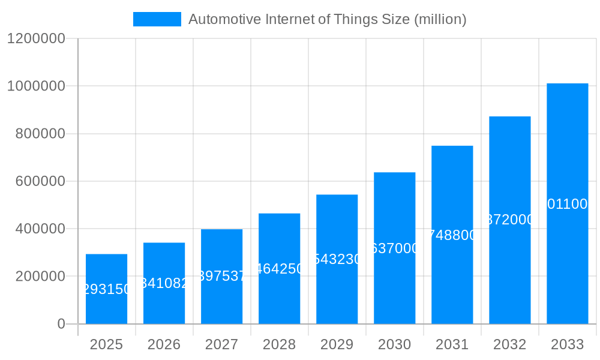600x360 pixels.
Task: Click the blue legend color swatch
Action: (157, 19)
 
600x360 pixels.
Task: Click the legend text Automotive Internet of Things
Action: (327, 19)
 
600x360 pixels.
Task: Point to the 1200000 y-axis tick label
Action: (36, 38)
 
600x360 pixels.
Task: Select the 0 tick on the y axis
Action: (61, 324)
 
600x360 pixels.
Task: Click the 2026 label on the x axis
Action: (164, 344)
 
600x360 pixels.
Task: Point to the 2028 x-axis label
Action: (279, 344)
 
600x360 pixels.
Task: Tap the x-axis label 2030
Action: (394, 344)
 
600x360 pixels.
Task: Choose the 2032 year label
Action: (509, 344)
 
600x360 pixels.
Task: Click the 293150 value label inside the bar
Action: (106, 289)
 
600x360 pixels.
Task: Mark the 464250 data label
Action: (279, 269)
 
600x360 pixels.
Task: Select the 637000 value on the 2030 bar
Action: (394, 248)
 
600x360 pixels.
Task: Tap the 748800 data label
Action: (452, 235)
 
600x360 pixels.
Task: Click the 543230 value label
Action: (337, 259)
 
